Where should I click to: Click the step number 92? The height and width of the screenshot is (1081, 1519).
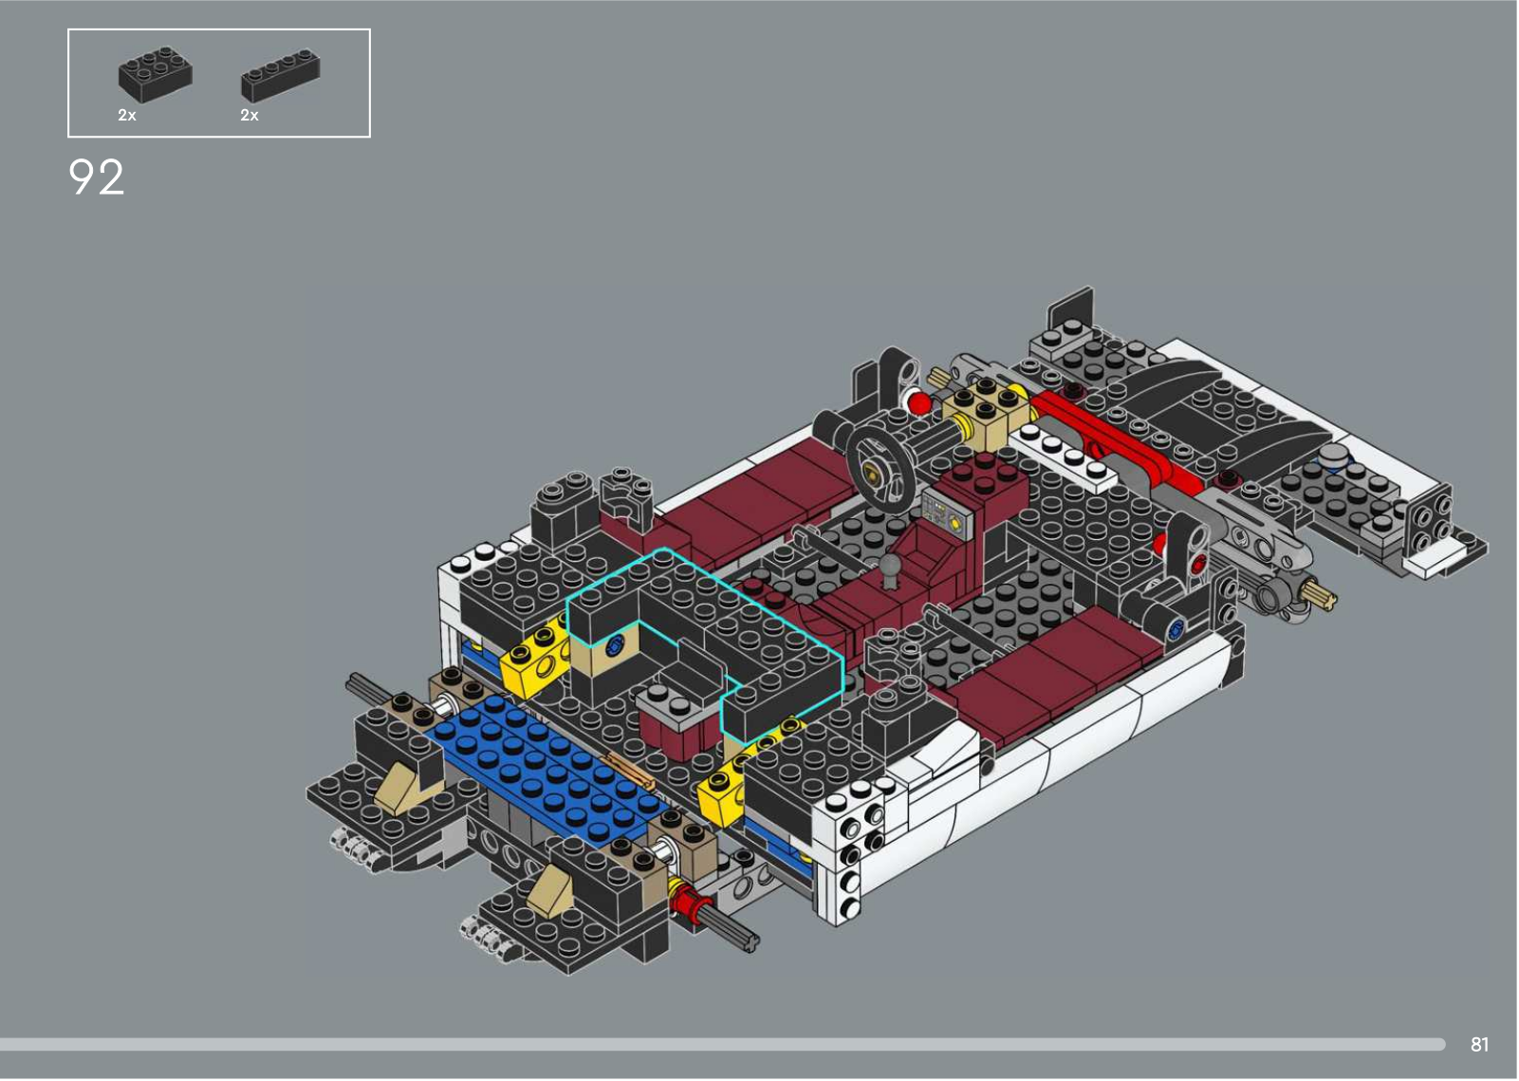point(96,177)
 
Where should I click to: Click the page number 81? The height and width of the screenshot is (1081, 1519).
point(1480,1044)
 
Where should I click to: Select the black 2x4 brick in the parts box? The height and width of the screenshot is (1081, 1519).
point(156,74)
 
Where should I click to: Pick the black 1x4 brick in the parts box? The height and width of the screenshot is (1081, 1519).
point(280,76)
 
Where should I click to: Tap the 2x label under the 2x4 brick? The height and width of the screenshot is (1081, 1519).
point(127,115)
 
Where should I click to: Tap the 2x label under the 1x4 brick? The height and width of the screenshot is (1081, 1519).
point(250,115)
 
